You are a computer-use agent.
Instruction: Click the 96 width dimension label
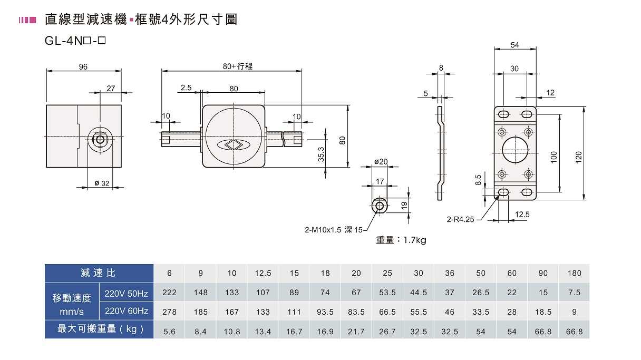tap(83, 67)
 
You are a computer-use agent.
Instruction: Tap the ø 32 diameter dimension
tap(102, 183)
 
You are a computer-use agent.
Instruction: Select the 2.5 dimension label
tap(186, 87)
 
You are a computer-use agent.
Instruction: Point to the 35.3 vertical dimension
tap(321, 154)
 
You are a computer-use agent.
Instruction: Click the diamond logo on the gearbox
tap(234, 145)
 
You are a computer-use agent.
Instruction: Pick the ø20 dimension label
tap(381, 162)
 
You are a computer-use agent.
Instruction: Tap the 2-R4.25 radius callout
tap(460, 219)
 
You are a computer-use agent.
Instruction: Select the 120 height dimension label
tap(579, 158)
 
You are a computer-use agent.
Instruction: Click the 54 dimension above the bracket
tap(515, 45)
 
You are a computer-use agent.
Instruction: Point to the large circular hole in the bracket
tap(515, 150)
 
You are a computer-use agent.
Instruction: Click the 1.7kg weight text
tap(415, 240)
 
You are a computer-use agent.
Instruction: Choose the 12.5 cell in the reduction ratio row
tap(263, 273)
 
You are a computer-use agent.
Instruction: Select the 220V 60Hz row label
tap(127, 311)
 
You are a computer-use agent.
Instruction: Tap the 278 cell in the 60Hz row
tap(169, 312)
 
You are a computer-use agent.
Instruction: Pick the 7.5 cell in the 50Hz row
tap(575, 293)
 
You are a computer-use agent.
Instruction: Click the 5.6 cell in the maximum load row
tap(169, 332)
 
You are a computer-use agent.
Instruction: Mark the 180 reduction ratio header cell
tap(575, 273)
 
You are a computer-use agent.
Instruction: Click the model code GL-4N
tap(64, 41)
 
